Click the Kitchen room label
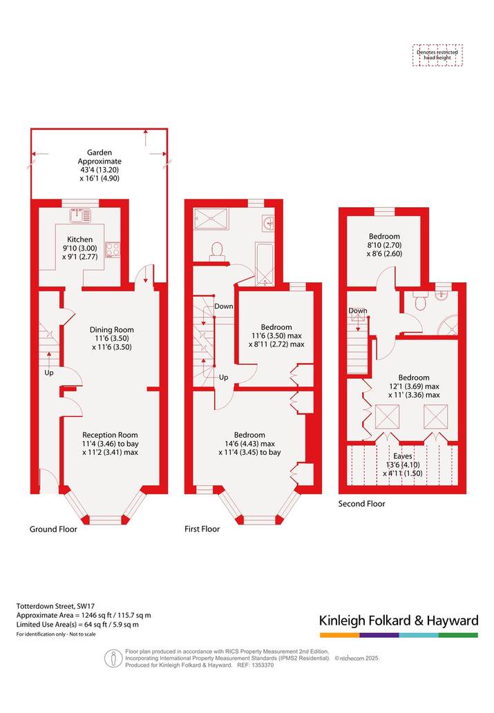[79, 240]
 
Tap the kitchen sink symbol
[81, 215]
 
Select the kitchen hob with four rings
[113, 250]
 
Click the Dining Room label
[111, 330]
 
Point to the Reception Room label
[110, 435]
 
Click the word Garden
[99, 153]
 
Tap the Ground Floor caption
[53, 529]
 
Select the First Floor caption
[202, 529]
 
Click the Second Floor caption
[361, 503]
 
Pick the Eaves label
[403, 456]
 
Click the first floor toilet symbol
[217, 251]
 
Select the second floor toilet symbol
[419, 300]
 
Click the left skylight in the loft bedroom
[387, 416]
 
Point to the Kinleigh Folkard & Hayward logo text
[399, 621]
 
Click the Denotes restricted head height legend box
[437, 55]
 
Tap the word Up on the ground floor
[49, 373]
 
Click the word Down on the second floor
[358, 311]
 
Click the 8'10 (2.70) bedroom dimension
[385, 245]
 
